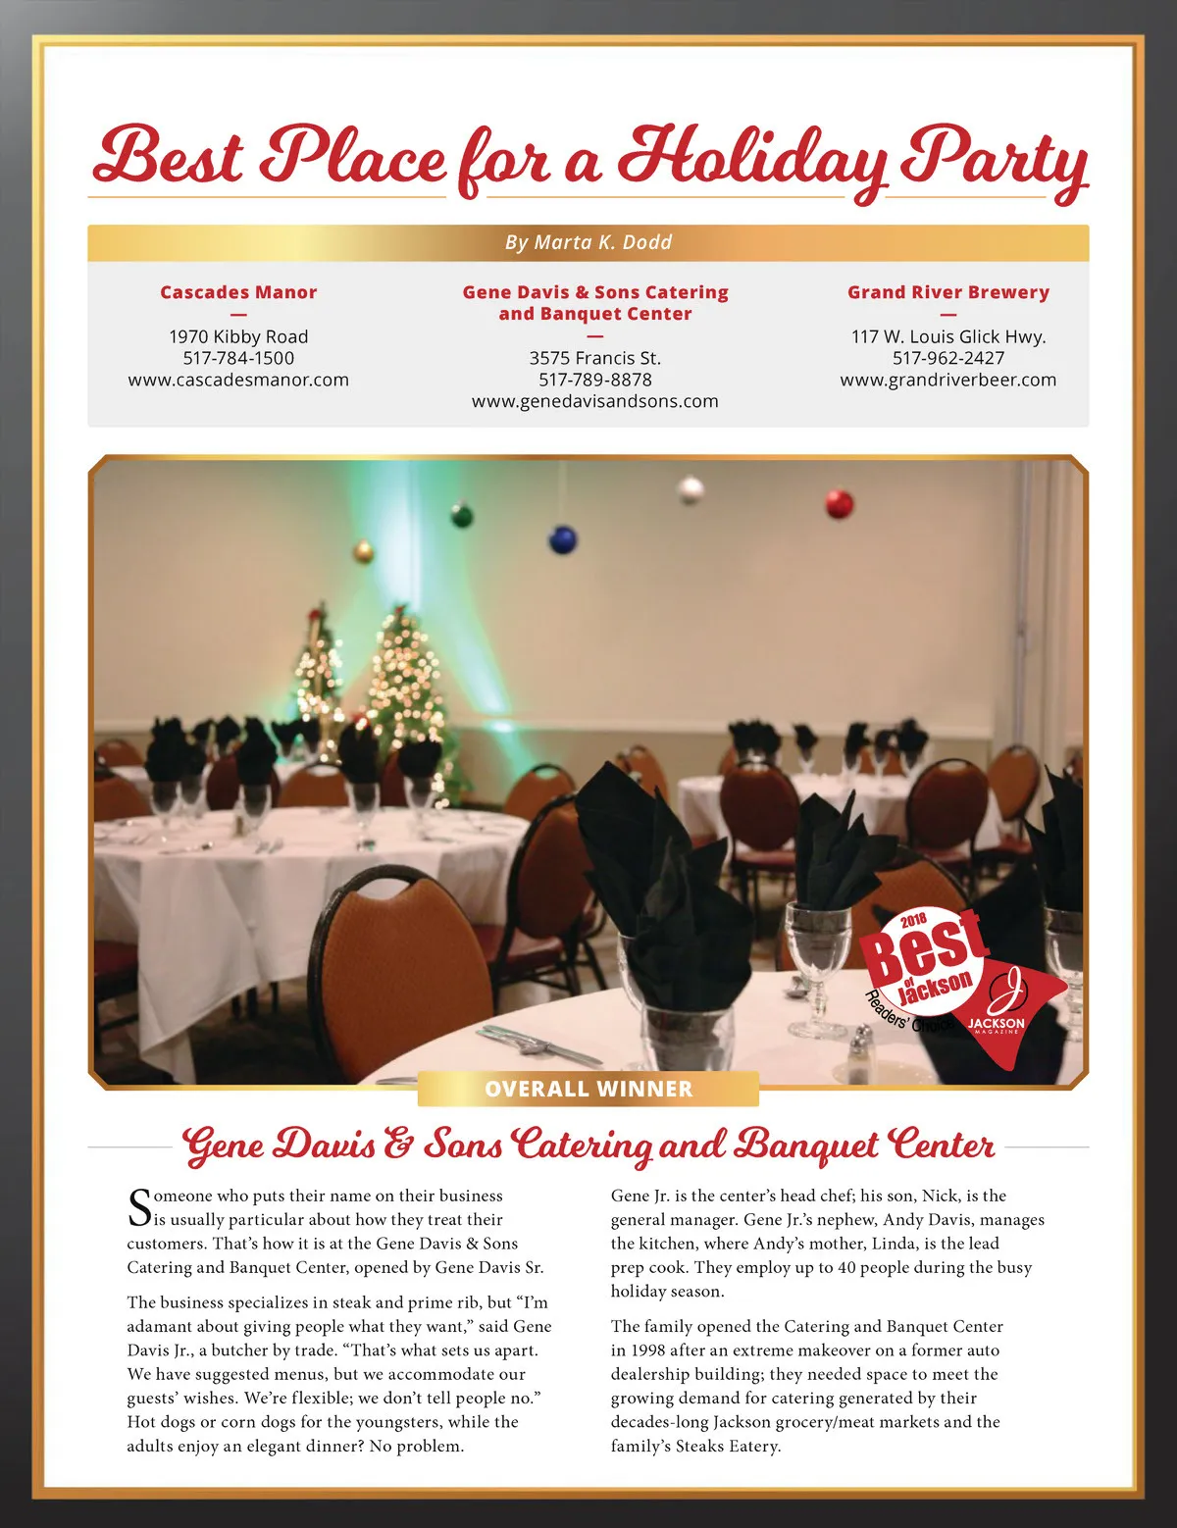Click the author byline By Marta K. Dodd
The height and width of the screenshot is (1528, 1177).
[588, 242]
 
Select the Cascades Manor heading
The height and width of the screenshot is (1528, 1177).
[238, 292]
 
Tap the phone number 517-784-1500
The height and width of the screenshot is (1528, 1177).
[238, 358]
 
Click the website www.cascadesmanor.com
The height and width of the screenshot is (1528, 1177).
[238, 380]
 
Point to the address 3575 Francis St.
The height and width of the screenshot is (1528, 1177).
[595, 358]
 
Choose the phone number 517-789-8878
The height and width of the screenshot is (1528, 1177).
[595, 380]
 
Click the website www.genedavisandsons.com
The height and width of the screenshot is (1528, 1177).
[595, 401]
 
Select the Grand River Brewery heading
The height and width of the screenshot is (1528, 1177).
[948, 292]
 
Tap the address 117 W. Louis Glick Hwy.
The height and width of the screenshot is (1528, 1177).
[948, 336]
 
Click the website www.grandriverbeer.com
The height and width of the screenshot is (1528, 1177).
[948, 380]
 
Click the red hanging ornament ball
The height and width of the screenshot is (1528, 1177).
[839, 503]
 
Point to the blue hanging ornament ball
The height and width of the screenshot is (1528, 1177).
[563, 538]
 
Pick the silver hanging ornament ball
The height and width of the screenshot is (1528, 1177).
[691, 488]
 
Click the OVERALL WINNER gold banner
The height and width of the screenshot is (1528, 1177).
[588, 1089]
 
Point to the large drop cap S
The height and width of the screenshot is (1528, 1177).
[139, 1208]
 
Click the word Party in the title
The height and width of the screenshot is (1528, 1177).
[993, 157]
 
